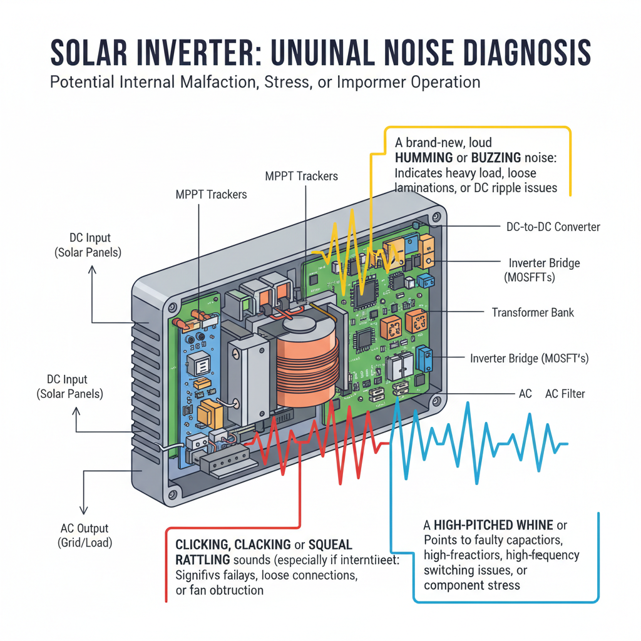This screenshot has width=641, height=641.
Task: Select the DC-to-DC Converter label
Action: [x=553, y=227]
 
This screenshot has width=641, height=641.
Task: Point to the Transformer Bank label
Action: [x=533, y=312]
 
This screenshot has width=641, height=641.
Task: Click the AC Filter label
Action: [x=565, y=393]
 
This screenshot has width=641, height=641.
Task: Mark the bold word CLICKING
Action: [x=205, y=545]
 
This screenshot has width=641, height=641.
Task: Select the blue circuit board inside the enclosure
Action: [x=201, y=376]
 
